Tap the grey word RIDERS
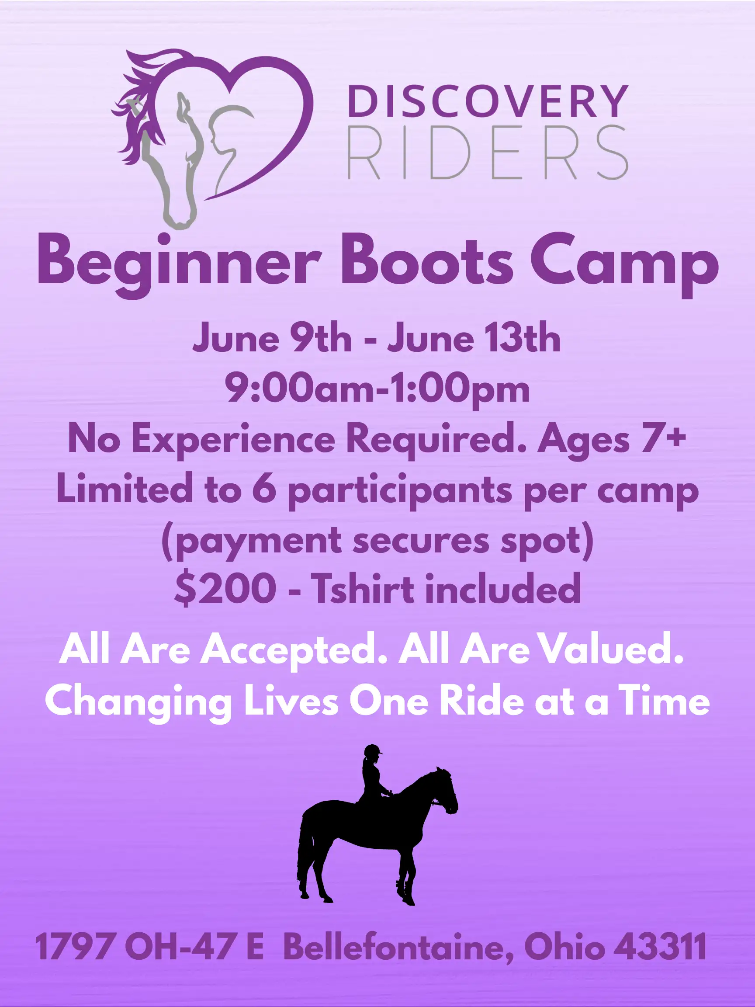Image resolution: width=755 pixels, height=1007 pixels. [488, 153]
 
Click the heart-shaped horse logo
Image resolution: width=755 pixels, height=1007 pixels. [212, 136]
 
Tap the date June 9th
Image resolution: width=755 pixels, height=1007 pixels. [272, 339]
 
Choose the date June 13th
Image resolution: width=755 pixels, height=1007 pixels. [474, 339]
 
